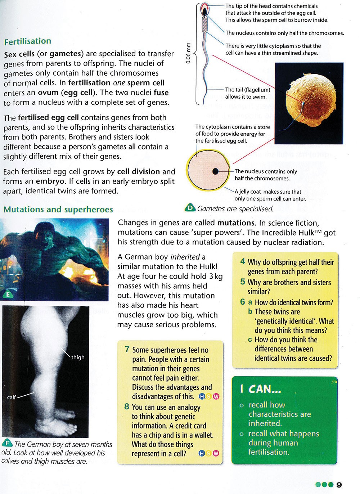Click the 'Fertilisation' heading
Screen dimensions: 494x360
click(x=28, y=41)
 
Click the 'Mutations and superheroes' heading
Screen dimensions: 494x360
click(x=58, y=210)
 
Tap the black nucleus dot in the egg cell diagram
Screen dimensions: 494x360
click(x=215, y=171)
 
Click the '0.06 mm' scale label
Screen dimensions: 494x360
click(x=188, y=53)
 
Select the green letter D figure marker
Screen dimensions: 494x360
click(x=190, y=208)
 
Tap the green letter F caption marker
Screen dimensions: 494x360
click(x=7, y=443)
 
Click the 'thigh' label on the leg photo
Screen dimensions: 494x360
click(x=78, y=357)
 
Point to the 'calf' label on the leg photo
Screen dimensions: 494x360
click(x=12, y=397)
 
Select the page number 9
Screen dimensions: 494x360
click(x=339, y=485)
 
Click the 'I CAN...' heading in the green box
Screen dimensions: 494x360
click(x=261, y=389)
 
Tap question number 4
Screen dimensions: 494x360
click(x=243, y=261)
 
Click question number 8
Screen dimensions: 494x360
click(x=127, y=407)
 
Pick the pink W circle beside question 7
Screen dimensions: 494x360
click(x=216, y=397)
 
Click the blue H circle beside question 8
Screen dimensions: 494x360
click(x=202, y=453)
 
